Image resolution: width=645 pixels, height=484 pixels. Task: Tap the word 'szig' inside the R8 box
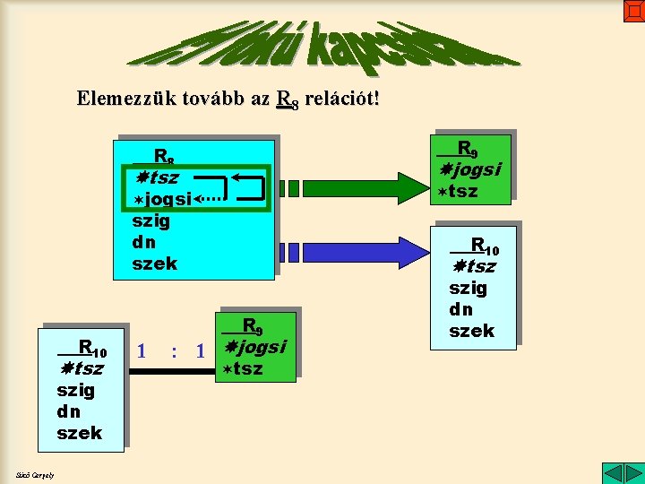point(150,220)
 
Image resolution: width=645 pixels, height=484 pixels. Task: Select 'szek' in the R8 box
point(154,264)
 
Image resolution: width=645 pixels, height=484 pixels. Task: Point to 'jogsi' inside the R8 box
point(163,199)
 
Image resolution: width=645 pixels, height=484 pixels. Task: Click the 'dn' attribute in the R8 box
point(143,242)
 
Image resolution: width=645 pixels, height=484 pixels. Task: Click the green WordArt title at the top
point(322,45)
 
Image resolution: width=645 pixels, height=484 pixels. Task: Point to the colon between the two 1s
point(174,350)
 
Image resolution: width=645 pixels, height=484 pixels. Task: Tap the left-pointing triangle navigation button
point(611,472)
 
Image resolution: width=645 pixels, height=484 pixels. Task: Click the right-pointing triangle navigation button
point(632,472)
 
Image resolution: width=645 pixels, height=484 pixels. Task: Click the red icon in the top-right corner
point(634,10)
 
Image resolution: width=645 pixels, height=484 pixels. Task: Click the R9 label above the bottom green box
point(252,325)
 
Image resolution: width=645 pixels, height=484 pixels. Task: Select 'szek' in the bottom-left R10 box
point(79,433)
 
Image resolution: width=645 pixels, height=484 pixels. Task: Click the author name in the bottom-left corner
point(34,474)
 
